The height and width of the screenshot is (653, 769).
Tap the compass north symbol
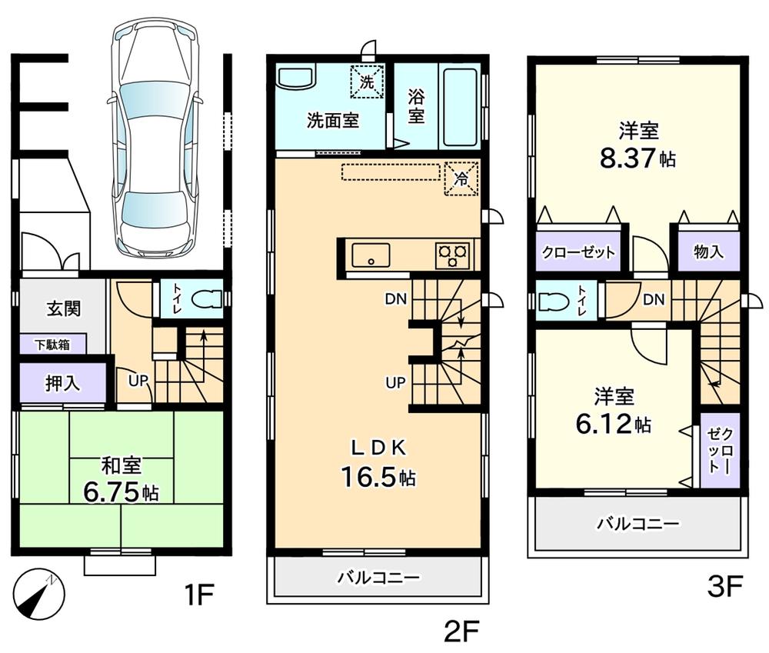[x=39, y=593]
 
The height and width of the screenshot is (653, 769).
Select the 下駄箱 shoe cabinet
[x=52, y=345]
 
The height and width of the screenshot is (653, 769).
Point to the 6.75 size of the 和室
[x=111, y=492]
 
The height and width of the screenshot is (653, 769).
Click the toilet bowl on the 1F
[x=203, y=299]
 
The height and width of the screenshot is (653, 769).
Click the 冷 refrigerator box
[x=461, y=178]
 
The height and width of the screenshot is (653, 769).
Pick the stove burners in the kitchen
[x=453, y=255]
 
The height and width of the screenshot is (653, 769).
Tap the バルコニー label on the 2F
[x=378, y=577]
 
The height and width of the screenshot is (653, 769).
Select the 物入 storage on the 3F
[x=708, y=252]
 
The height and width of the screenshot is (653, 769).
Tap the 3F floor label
[x=724, y=588]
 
